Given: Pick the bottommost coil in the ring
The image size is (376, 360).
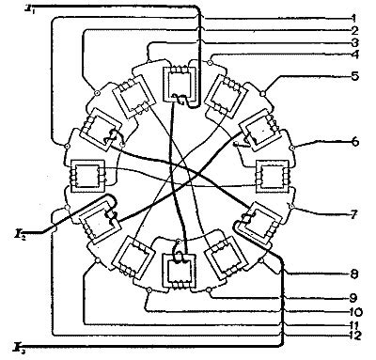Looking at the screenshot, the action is [179, 270].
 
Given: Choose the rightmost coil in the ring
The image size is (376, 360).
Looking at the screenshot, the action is [273, 176].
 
